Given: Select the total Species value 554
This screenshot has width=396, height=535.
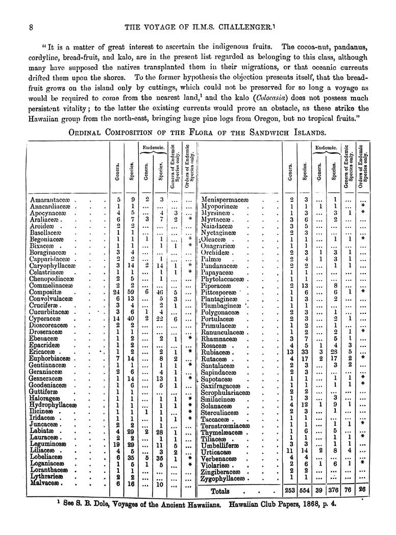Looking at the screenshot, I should tap(305, 492).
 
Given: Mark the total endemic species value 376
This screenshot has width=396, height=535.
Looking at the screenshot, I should tap(335, 492).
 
